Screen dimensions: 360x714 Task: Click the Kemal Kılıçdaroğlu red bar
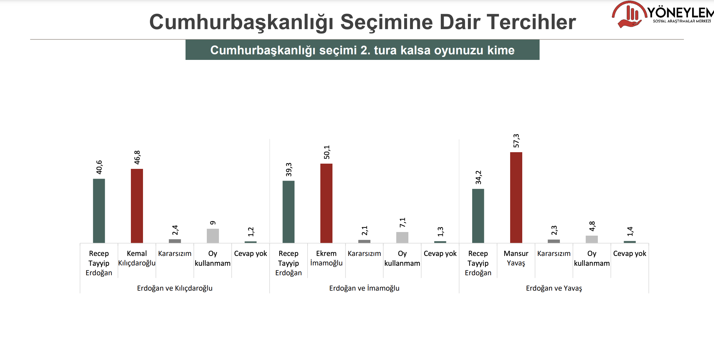137,206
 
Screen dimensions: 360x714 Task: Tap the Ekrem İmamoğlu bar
326,203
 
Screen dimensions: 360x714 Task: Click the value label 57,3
516,141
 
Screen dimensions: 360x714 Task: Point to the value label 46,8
137,157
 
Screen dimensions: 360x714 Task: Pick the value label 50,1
327,152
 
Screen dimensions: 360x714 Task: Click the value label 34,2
478,177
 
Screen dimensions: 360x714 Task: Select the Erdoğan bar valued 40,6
99,211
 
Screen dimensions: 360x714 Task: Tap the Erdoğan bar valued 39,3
288,212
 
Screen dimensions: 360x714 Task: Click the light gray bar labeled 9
213,236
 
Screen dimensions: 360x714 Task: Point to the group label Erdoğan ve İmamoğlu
364,288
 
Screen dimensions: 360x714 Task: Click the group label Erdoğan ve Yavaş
554,288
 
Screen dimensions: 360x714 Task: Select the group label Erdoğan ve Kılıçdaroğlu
175,288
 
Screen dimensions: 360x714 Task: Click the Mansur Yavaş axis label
516,258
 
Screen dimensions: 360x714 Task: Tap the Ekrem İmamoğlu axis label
326,258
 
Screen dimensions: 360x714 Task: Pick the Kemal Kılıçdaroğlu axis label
137,258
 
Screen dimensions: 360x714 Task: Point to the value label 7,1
402,223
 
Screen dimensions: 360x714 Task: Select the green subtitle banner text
362,50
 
